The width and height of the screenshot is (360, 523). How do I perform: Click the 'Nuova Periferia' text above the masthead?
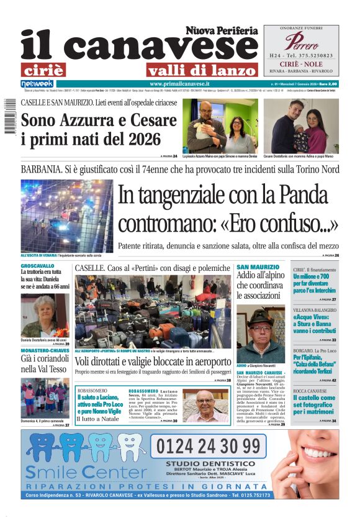[221, 30]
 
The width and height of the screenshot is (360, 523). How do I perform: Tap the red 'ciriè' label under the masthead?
[42, 70]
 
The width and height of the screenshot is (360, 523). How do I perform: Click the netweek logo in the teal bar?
[37, 83]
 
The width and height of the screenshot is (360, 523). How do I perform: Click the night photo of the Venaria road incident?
[67, 215]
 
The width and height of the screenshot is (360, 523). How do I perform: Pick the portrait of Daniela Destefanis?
[45, 316]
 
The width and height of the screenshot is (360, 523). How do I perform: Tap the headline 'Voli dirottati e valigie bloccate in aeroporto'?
[153, 362]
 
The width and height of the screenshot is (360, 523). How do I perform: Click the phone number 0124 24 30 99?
[209, 445]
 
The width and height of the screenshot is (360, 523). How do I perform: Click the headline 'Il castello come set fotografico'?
[314, 406]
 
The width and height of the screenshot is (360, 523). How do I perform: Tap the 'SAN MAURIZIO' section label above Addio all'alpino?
[258, 266]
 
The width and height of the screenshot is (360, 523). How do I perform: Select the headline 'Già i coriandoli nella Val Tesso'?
[45, 364]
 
